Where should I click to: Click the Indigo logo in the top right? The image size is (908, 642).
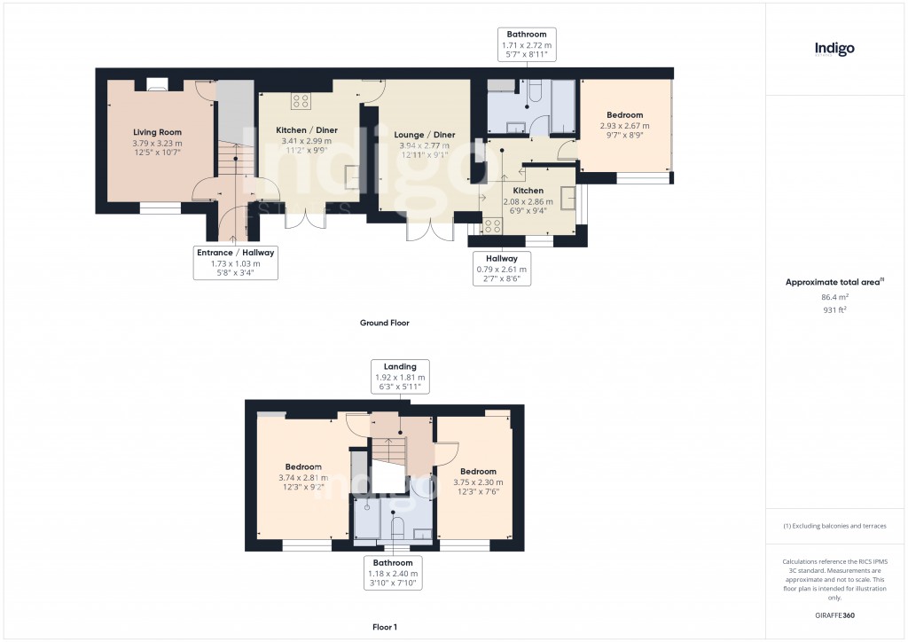tap(834, 50)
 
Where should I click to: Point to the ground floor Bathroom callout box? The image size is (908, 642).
tap(526, 44)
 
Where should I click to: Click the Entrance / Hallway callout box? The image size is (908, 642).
tap(235, 263)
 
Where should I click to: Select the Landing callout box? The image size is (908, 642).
tap(399, 376)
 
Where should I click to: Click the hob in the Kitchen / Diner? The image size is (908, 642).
tap(301, 100)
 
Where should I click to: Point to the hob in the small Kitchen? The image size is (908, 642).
tap(492, 224)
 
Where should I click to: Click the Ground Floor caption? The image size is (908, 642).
tap(384, 323)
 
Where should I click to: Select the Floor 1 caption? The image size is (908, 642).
tap(384, 626)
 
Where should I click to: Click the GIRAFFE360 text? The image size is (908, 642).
tap(834, 615)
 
